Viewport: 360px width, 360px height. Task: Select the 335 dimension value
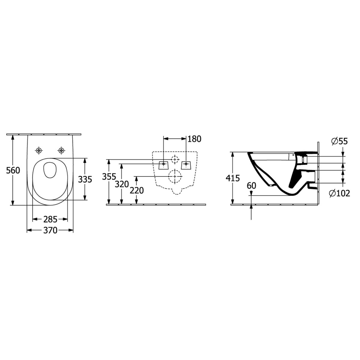click(85, 179)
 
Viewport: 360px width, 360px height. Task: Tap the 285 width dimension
click(50, 219)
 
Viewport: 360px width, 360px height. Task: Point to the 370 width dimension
click(50, 230)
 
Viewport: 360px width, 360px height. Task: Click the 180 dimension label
click(194, 139)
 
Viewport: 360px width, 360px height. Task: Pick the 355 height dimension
click(109, 176)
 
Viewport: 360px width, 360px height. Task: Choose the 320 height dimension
click(122, 184)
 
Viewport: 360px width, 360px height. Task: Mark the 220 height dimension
click(137, 190)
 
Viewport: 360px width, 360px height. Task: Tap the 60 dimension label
click(251, 186)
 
